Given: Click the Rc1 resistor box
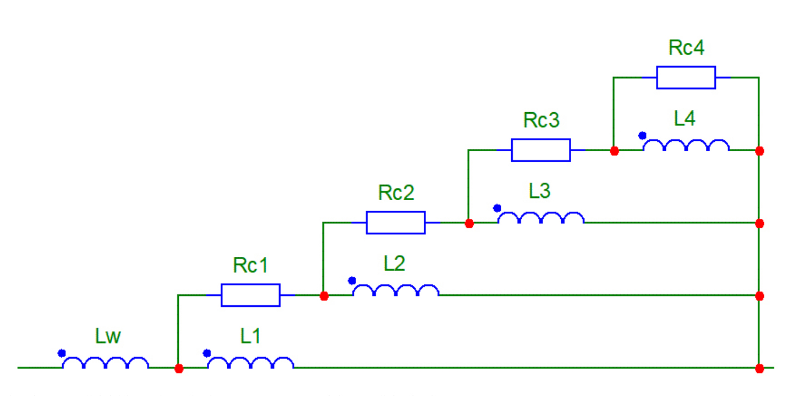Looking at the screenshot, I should (x=250, y=295).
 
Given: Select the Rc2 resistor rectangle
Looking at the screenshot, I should (x=396, y=223).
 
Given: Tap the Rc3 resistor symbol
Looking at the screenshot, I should (x=541, y=150).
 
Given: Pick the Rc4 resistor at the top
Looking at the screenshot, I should (x=686, y=78).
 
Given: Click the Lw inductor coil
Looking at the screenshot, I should (x=105, y=364).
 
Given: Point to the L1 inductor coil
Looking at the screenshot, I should (x=250, y=364).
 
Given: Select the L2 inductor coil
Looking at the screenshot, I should (x=396, y=291).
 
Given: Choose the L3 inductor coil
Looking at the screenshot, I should (x=541, y=218).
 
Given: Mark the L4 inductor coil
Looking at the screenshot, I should (x=686, y=146).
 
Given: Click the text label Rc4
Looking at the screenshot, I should (x=686, y=48).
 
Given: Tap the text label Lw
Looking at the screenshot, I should (x=108, y=337).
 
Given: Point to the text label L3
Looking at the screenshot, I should (x=540, y=191).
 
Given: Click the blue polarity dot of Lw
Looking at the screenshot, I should (x=62, y=353).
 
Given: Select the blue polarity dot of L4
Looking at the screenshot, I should (x=642, y=135).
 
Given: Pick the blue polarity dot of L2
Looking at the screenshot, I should (x=352, y=280).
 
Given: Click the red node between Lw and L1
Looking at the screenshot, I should (x=179, y=369).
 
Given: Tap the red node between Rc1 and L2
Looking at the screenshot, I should (x=324, y=296).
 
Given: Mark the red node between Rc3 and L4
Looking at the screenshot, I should (x=615, y=151).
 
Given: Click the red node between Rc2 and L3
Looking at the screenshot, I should (x=469, y=223).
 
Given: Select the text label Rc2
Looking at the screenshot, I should (x=396, y=193).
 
